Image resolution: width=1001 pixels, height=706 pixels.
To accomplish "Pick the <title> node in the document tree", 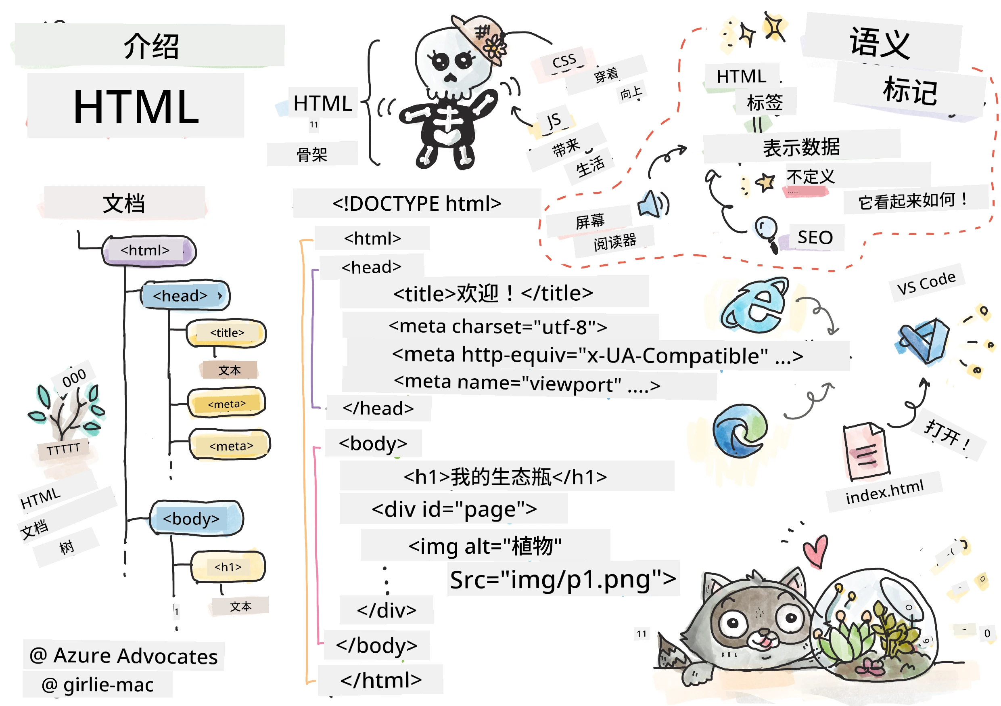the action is click(226, 333).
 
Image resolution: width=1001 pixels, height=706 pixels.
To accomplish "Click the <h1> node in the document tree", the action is click(228, 567).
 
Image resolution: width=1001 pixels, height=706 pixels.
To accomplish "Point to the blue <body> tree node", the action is click(196, 518).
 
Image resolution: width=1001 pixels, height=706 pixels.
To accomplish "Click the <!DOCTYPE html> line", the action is click(417, 203).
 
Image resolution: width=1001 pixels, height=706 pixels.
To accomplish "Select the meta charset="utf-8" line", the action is click(498, 327).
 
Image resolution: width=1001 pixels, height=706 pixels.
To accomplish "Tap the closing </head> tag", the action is click(378, 409).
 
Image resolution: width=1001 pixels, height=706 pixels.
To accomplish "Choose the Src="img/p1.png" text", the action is click(563, 580).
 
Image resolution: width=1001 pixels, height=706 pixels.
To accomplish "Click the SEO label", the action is click(815, 237).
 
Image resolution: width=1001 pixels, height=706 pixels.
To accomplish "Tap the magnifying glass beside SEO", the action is click(767, 234).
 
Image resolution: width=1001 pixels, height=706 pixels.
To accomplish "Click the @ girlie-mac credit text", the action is click(98, 685).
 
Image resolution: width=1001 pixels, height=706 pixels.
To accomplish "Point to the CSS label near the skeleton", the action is click(564, 61).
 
